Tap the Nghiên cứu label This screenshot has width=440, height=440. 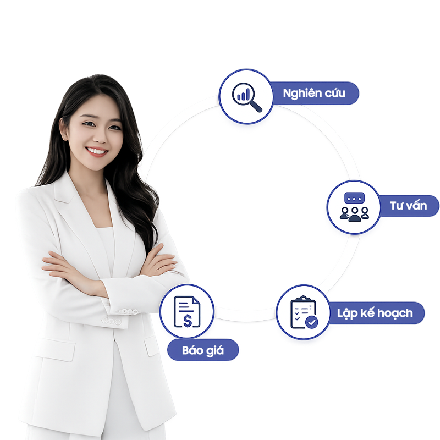pyautogui.click(x=314, y=93)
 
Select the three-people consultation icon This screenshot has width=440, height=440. pyautogui.click(x=354, y=207)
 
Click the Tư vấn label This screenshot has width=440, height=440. pyautogui.click(x=408, y=206)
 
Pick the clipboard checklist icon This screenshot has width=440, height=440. pyautogui.click(x=304, y=312)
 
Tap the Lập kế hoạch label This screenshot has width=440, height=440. pyautogui.click(x=375, y=313)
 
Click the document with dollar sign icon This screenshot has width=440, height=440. pyautogui.click(x=187, y=312)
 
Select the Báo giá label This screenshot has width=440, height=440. pyautogui.click(x=203, y=350)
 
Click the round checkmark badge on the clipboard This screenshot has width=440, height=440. pyautogui.click(x=311, y=322)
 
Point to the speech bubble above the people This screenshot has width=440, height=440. pyautogui.click(x=354, y=198)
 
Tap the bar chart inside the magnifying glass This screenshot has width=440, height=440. pyautogui.click(x=243, y=95)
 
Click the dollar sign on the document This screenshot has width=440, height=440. pyautogui.click(x=188, y=321)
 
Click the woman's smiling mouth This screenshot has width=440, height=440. pyautogui.click(x=97, y=151)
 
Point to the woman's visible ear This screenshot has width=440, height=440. pyautogui.click(x=64, y=129)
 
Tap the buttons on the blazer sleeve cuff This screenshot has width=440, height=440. pyautogui.click(x=112, y=321)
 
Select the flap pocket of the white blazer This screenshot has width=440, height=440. pyautogui.click(x=56, y=350)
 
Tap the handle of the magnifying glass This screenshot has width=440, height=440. pyautogui.click(x=256, y=106)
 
